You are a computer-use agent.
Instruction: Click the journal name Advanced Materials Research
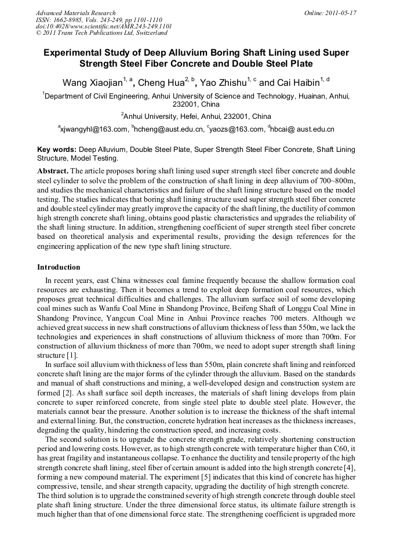[75, 13]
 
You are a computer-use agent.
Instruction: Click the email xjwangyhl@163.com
[94, 129]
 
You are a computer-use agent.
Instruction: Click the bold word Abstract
[53, 171]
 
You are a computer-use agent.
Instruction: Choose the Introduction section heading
[59, 267]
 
